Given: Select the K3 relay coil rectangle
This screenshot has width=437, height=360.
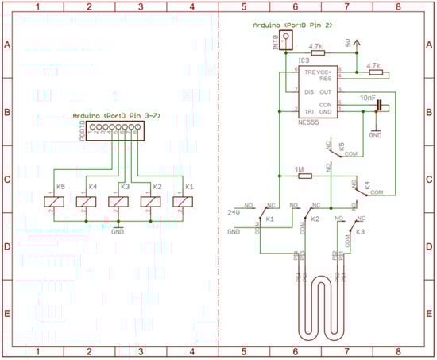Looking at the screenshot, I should pyautogui.click(x=118, y=202).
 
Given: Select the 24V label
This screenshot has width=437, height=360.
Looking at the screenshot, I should pyautogui.click(x=234, y=213).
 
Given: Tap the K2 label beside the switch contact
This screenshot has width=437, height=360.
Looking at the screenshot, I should pyautogui.click(x=315, y=219).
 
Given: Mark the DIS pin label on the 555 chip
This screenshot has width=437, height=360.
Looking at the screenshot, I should pyautogui.click(x=308, y=90).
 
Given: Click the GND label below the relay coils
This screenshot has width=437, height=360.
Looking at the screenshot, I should pyautogui.click(x=118, y=231).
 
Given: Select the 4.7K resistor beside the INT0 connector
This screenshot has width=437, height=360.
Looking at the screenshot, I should pyautogui.click(x=315, y=53).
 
